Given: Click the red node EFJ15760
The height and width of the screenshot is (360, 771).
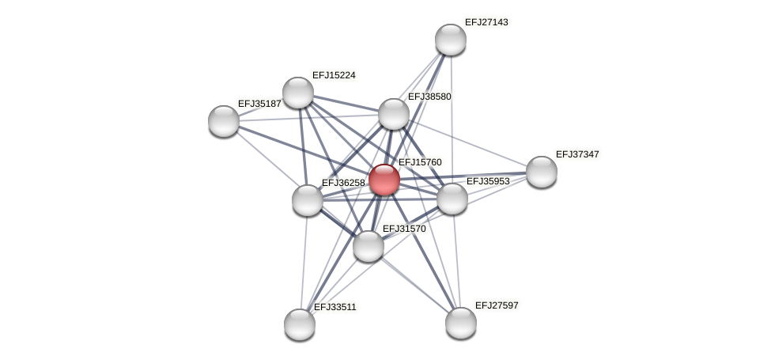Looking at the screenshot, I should pos(384,180).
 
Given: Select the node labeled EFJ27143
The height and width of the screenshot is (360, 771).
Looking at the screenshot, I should pos(451,40).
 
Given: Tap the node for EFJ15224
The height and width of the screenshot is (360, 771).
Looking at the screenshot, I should pos(298,93).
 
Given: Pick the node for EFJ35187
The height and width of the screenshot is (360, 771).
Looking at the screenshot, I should pos(224,121).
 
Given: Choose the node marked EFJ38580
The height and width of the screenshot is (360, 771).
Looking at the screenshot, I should pos(394,114).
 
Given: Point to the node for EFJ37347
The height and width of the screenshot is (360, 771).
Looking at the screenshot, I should pos(542,172).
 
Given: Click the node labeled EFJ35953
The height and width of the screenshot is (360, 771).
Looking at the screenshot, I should pos(452,199).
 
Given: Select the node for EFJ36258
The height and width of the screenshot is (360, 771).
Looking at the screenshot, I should pos(308,200).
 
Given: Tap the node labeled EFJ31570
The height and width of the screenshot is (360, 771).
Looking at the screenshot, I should pos(368,246).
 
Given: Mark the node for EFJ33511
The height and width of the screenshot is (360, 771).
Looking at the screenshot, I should pos(300,324).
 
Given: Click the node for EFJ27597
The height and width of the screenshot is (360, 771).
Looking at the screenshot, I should pos(461,323).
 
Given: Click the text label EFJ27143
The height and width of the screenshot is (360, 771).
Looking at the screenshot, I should pos(486,22).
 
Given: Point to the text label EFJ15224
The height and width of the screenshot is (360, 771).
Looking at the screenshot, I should pos(334,75).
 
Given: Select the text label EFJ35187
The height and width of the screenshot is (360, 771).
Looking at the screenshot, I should pos(259,104).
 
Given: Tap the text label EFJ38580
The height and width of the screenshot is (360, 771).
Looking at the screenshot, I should pos(429,97).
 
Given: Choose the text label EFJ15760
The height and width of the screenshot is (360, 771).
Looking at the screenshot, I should pos(420,162).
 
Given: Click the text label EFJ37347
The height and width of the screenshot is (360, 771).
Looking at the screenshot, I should pos(577,154).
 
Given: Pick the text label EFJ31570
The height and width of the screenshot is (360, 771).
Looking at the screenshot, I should pos(404,229).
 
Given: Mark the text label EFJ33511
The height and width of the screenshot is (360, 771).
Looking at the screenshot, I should pos(335,307).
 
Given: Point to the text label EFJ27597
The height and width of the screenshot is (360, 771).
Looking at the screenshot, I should pos(497,305).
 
